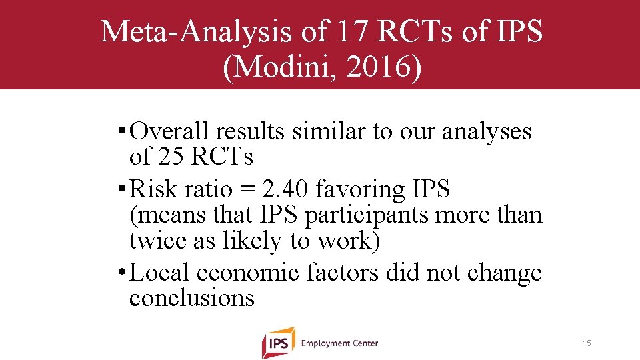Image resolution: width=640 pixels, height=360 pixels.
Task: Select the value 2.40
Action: pos(285,189)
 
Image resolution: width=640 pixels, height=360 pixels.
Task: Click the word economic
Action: pos(248,273)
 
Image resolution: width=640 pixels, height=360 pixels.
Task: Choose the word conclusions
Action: pos(192,298)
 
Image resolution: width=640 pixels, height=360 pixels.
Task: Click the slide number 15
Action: pos(587,343)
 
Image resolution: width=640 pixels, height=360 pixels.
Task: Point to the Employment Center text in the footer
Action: pos(339,343)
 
